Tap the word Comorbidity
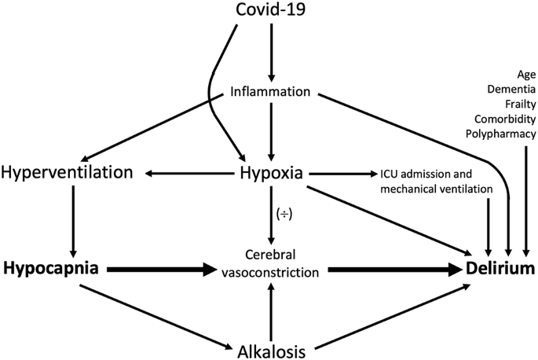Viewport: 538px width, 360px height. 506,119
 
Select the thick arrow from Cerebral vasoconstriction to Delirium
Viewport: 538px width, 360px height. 393,270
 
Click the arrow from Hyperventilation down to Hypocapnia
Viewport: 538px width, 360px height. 72,220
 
